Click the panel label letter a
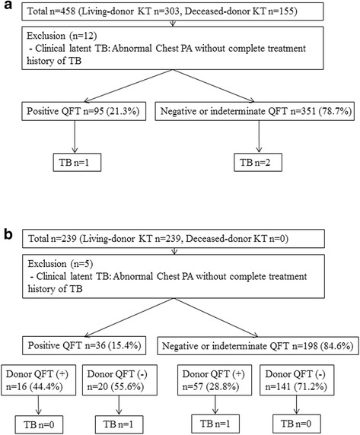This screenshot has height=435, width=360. click(x=6, y=8)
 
